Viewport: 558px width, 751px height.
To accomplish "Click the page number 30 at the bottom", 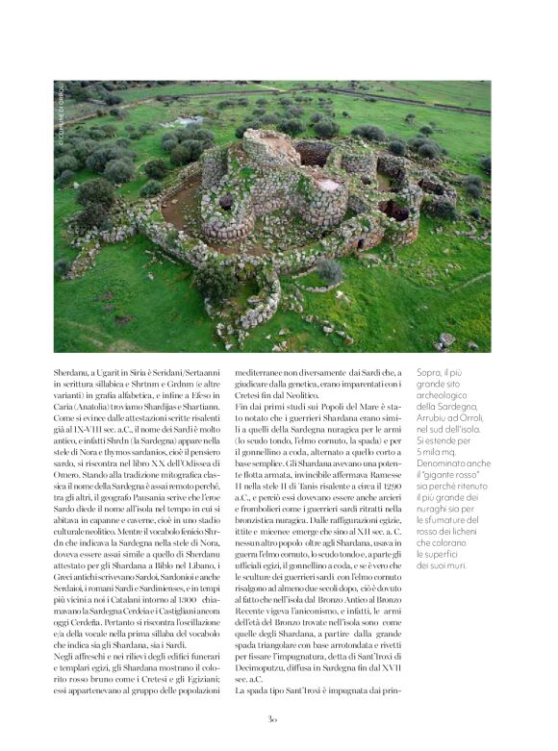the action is tap(272, 716).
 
